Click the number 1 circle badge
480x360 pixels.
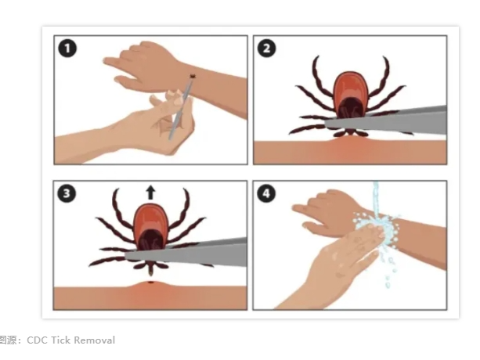coord(67,49)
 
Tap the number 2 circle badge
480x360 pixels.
coord(267,49)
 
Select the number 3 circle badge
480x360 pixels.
coord(67,193)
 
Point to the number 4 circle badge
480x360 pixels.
coord(266,193)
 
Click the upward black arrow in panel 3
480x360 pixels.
coord(150,193)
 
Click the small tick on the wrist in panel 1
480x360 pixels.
coord(193,75)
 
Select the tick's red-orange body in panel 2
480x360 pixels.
coord(350,92)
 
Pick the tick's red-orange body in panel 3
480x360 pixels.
coord(150,223)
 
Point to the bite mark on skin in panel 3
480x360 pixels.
coord(150,282)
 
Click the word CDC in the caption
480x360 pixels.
coord(37,340)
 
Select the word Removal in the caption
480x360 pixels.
coord(95,340)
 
